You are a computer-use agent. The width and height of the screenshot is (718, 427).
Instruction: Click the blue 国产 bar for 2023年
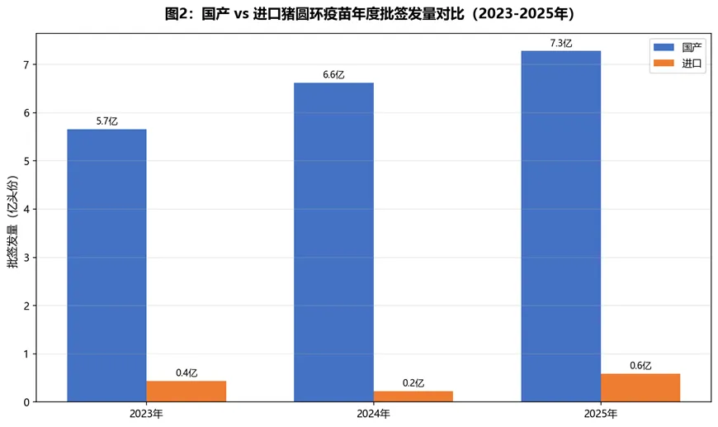(x=106, y=265)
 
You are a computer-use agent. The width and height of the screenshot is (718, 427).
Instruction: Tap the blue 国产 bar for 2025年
(x=560, y=226)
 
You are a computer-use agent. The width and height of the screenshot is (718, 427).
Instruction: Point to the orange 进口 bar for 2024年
(x=413, y=396)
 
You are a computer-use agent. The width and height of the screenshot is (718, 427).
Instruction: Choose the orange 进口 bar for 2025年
(x=640, y=387)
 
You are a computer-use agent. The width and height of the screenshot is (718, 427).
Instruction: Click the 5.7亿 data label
(x=106, y=121)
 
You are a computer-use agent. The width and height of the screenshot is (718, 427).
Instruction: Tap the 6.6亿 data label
(x=333, y=75)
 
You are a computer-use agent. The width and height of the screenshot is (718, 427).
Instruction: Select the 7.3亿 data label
(x=560, y=43)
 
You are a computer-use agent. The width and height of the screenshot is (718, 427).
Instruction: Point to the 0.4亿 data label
(x=187, y=373)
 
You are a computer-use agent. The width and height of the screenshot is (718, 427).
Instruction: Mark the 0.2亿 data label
(x=413, y=383)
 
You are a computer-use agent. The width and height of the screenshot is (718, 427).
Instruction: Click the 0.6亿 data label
(x=640, y=366)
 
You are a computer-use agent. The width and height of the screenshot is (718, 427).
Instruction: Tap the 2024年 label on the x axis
(x=374, y=413)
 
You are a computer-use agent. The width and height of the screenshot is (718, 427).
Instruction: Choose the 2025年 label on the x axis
(x=601, y=413)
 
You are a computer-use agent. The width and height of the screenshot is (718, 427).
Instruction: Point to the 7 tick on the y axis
(x=28, y=64)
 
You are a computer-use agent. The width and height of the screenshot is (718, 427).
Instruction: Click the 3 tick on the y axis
(x=28, y=258)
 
